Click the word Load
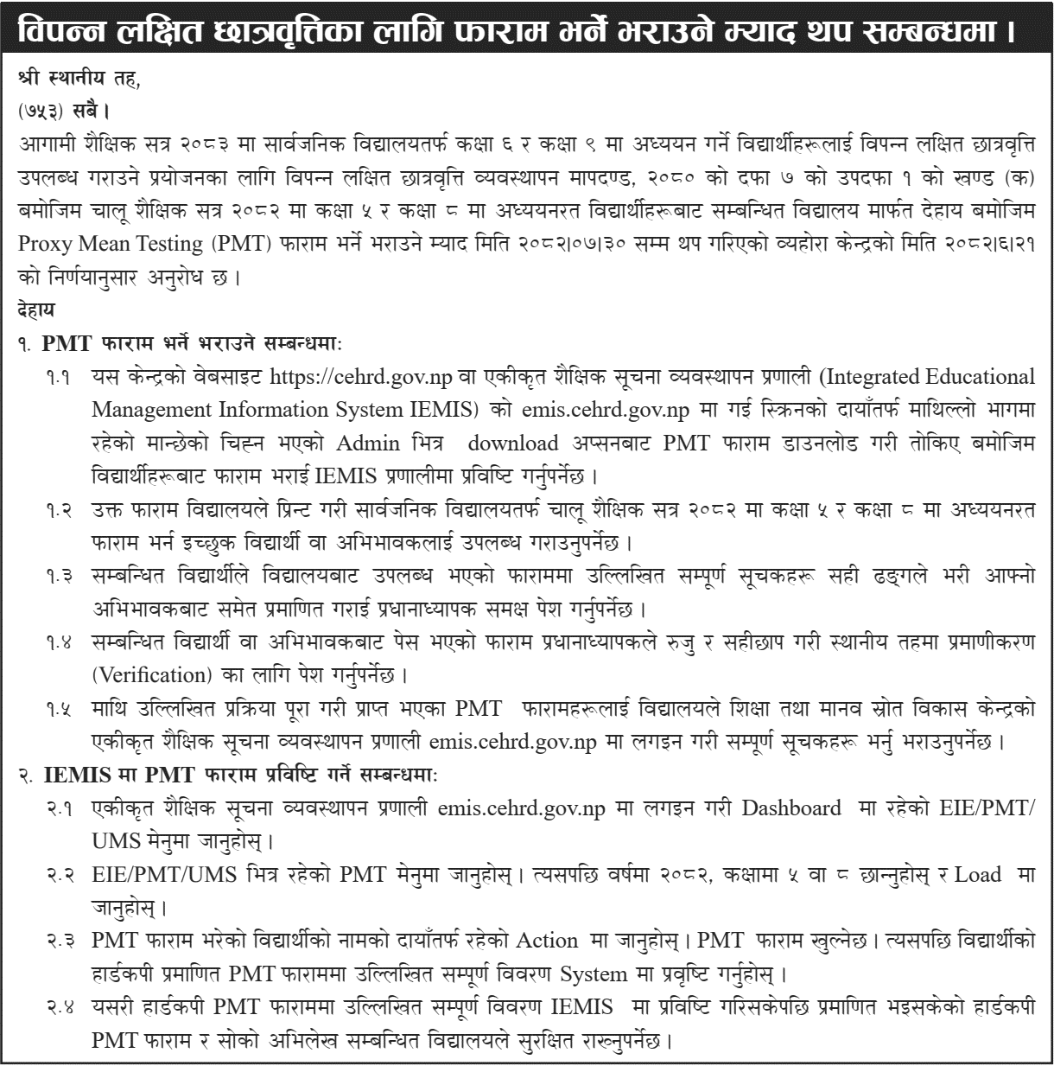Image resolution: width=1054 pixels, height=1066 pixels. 980,875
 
